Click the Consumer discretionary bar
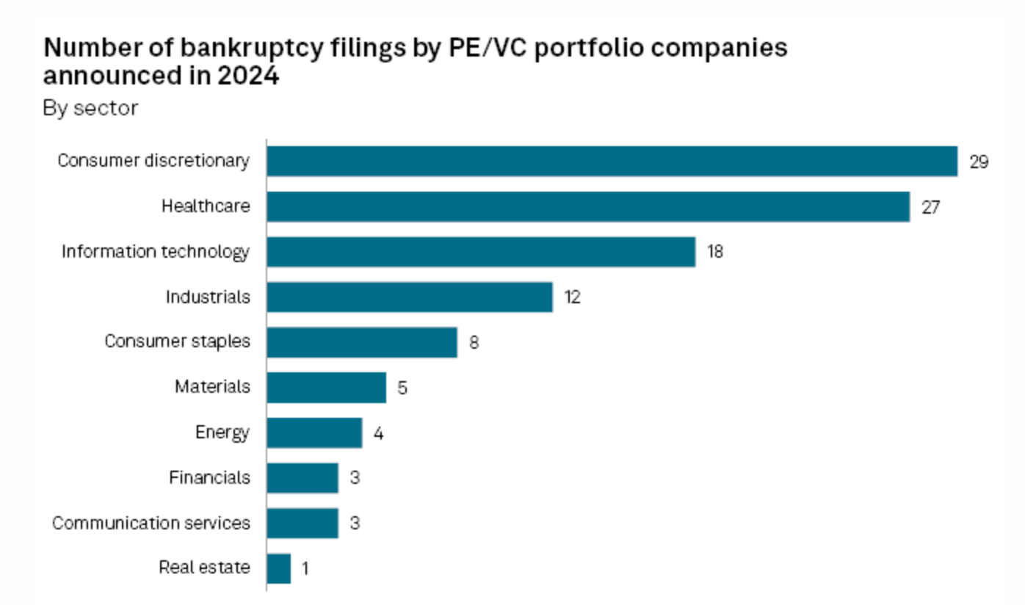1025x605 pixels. pos(612,161)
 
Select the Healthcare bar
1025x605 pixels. pos(587,206)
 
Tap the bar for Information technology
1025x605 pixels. pos(480,252)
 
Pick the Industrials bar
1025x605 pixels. pos(409,297)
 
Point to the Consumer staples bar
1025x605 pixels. pos(361,342)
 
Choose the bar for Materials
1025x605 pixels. pos(326,387)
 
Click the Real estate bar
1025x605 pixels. pos(278,568)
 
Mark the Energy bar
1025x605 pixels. pos(314,432)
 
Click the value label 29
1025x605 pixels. pos(979,162)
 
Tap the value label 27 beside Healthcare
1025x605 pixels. pos(930,207)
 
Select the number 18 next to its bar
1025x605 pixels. pos(715,252)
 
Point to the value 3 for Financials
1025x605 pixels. pos(355,478)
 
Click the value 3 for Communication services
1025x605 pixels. pos(355,524)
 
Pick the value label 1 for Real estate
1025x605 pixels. pos(305,569)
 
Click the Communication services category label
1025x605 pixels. pos(151,523)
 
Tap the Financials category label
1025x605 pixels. pos(209,477)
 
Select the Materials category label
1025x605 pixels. pos(212,386)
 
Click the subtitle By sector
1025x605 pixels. pos(90,109)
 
